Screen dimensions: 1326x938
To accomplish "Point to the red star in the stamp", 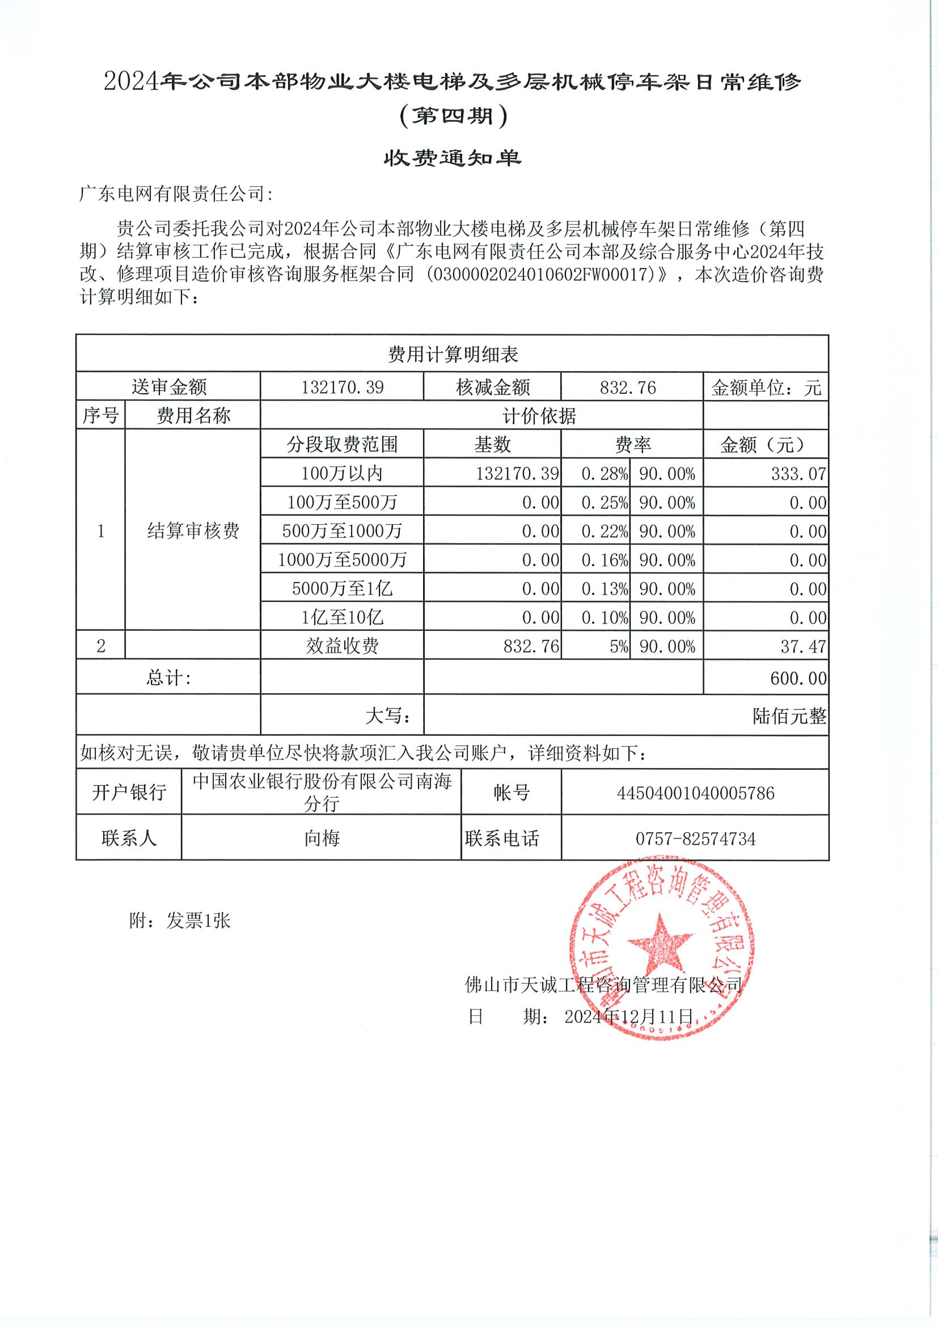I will point(660,943).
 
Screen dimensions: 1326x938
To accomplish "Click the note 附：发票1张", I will point(180,921).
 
